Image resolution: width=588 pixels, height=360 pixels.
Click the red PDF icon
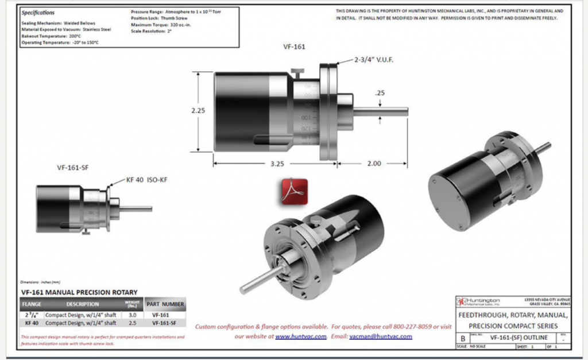(x=294, y=191)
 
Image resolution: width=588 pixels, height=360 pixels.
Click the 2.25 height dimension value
(x=198, y=110)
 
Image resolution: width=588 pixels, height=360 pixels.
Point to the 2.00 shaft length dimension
(x=373, y=164)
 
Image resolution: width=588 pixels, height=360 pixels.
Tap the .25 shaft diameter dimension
(x=380, y=93)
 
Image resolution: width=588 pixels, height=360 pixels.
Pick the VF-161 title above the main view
(x=294, y=47)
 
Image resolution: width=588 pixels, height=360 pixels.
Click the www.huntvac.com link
(x=301, y=336)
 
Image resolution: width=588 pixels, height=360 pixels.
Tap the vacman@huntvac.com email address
(x=381, y=336)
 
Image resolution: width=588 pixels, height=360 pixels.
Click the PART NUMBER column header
(x=165, y=304)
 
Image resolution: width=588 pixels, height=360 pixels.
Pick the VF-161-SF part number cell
(x=165, y=324)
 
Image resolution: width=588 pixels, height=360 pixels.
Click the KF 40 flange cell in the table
(x=31, y=324)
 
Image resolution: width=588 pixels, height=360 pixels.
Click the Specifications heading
(x=38, y=12)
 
